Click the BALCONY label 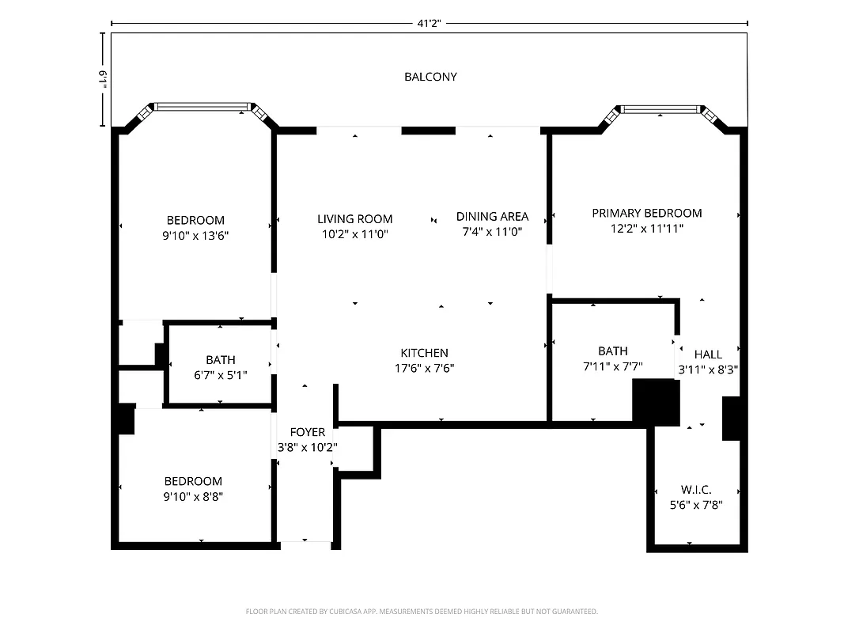430,77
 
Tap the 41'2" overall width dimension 429,24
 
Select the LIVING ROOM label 354,219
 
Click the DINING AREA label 492,217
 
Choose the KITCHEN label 424,353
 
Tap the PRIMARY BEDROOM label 646,213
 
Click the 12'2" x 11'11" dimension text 646,228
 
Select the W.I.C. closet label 695,490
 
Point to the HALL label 708,354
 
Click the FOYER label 307,432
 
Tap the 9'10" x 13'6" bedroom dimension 195,235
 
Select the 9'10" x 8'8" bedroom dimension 193,496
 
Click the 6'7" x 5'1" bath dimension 220,375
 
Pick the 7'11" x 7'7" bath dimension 612,366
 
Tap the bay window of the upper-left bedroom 202,106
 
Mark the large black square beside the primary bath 656,402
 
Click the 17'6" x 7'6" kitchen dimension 424,368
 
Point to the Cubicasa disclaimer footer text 422,611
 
